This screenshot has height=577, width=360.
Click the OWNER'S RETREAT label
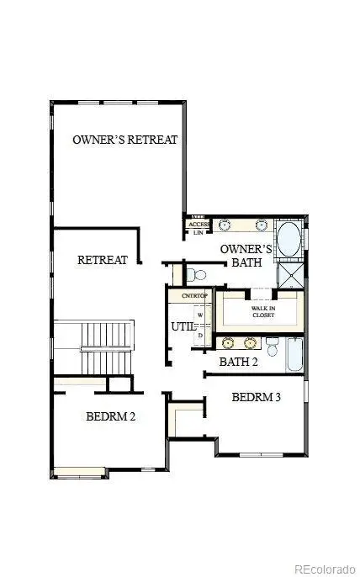click(125, 140)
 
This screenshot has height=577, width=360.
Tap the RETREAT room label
click(103, 260)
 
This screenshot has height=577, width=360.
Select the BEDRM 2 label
click(111, 416)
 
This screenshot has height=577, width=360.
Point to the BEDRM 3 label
click(256, 397)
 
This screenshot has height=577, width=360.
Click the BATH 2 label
click(238, 362)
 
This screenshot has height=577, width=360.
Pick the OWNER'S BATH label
click(246, 256)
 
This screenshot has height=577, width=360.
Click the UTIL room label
click(183, 326)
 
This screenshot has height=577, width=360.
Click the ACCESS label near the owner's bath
click(199, 225)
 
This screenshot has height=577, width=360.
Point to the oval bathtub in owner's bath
click(289, 240)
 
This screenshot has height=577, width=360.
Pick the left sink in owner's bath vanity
click(225, 225)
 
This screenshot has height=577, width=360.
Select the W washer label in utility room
click(200, 317)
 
